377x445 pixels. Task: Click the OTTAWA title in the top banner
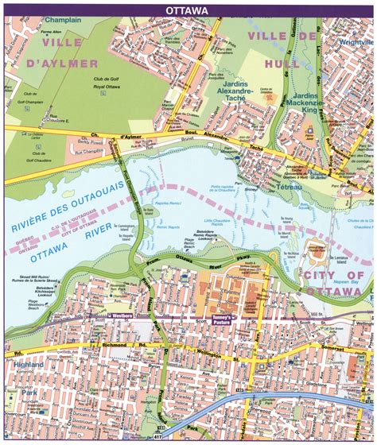(188, 10)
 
